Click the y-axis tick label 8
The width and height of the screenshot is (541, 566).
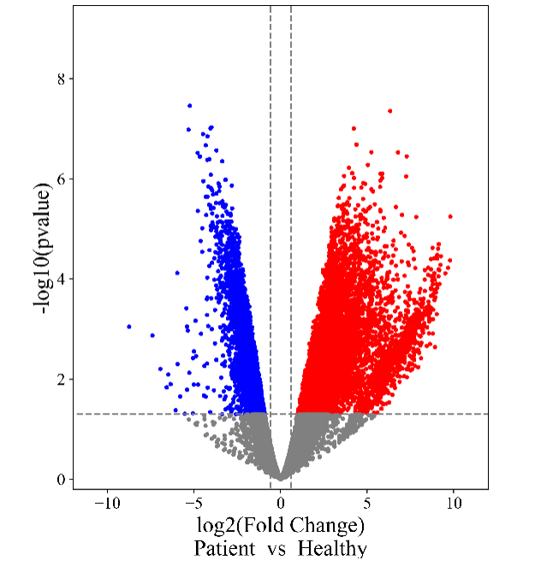click(61, 79)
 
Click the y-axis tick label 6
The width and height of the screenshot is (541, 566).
click(61, 179)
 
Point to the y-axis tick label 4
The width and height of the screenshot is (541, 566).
click(61, 279)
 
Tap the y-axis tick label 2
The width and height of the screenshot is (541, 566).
click(61, 379)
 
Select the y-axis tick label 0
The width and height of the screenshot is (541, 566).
click(61, 479)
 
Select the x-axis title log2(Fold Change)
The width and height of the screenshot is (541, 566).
click(281, 524)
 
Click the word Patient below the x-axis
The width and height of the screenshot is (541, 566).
click(224, 548)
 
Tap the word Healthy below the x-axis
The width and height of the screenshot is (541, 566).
click(333, 548)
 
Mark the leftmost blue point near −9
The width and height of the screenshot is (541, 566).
click(129, 327)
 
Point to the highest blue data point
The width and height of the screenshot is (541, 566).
click(189, 106)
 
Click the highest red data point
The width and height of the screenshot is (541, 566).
click(389, 110)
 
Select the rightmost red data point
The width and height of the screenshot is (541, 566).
click(450, 216)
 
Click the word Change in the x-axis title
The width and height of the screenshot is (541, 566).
click(329, 524)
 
